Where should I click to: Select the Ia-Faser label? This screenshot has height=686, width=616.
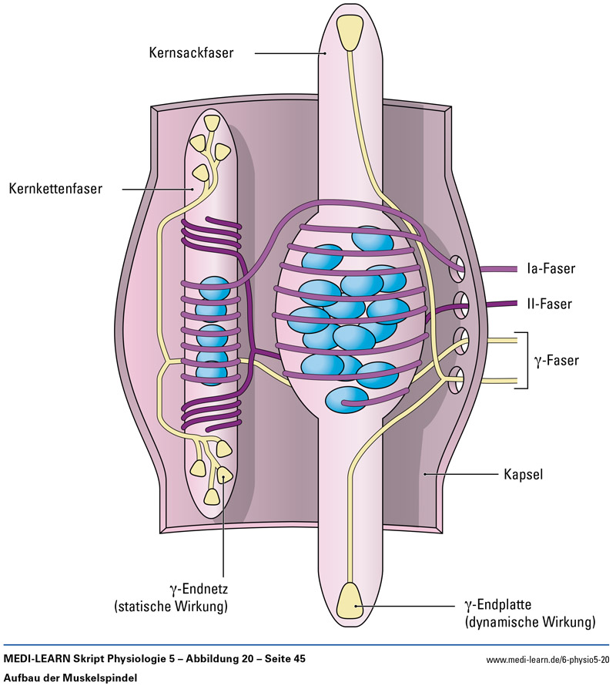tap(551, 269)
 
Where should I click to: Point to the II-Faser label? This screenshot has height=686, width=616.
tap(549, 304)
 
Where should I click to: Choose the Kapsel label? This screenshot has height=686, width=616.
tap(524, 475)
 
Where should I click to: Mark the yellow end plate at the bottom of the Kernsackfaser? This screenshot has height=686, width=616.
tap(353, 601)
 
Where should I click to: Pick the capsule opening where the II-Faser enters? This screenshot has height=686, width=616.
tap(460, 303)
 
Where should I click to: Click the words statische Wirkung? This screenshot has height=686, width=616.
tap(171, 606)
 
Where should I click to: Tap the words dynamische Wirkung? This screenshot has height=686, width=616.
tap(531, 621)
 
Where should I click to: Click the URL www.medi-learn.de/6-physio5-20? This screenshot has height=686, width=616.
tap(547, 660)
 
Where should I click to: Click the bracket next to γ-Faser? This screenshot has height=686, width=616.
tap(527, 359)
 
